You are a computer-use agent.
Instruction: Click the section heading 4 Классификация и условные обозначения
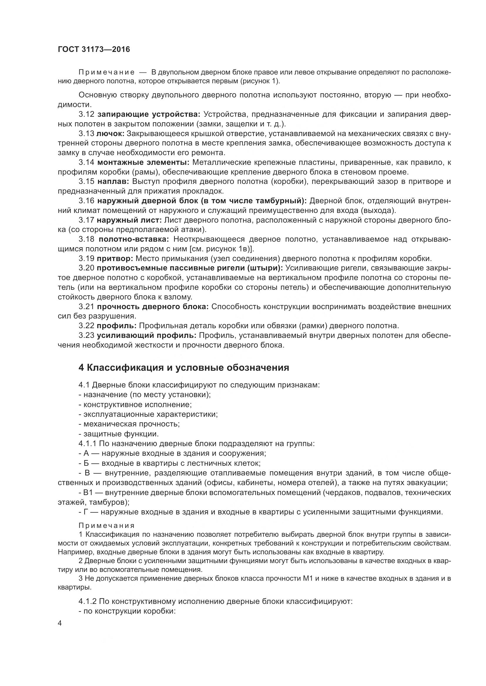click(184, 368)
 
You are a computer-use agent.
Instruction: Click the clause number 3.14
click(86, 162)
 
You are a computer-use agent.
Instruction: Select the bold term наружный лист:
click(129, 220)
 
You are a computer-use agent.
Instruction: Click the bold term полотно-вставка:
click(134, 239)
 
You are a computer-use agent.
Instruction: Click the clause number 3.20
click(86, 268)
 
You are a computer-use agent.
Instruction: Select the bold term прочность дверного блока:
click(152, 306)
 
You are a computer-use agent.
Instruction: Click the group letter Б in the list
click(86, 463)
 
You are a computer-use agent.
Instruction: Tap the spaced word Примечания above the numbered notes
click(107, 525)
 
